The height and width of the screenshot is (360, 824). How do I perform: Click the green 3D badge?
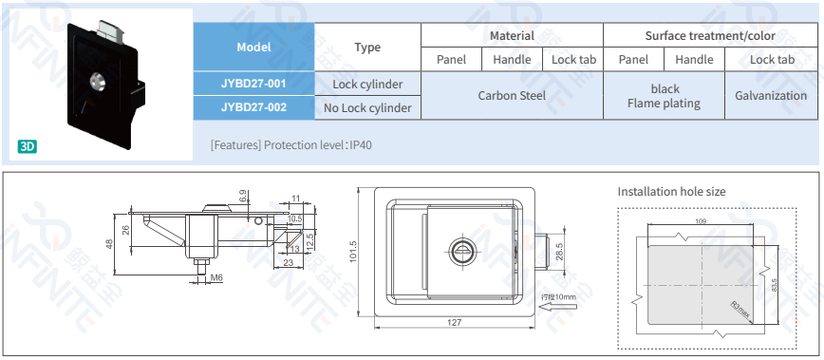click(28, 146)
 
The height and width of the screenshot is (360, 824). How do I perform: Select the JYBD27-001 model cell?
click(253, 84)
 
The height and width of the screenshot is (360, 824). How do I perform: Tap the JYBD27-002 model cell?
click(253, 107)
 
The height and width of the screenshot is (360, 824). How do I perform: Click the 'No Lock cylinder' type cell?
click(367, 108)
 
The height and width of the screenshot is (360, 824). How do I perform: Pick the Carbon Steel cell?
click(512, 96)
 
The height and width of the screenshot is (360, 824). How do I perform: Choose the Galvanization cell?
click(771, 96)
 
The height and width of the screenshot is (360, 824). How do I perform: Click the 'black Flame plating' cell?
click(665, 96)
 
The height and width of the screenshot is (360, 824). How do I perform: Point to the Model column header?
click(253, 47)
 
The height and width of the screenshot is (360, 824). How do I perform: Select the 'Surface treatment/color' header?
click(710, 36)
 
